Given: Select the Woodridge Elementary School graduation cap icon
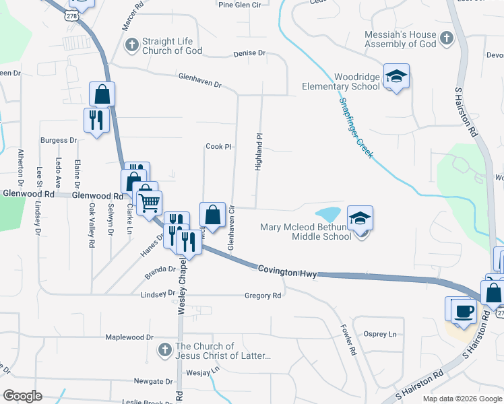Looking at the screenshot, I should (x=396, y=76).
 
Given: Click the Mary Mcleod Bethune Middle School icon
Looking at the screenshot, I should (x=360, y=218).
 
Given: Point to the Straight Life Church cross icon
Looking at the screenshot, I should (x=131, y=45).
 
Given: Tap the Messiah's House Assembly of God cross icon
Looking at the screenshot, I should (x=446, y=38).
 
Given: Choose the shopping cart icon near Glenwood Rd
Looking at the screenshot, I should (x=150, y=201).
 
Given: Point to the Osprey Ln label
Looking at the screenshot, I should (x=380, y=334).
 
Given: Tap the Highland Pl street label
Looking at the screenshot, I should (x=258, y=151).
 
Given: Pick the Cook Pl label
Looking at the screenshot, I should (x=218, y=146).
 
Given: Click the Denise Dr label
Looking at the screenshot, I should (x=249, y=53).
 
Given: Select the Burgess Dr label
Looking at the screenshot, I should (x=59, y=141).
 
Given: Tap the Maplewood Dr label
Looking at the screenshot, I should (x=129, y=337).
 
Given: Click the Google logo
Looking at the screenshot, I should (x=22, y=396).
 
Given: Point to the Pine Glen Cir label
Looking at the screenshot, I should (x=239, y=5).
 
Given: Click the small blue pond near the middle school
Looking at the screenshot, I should (x=327, y=215).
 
